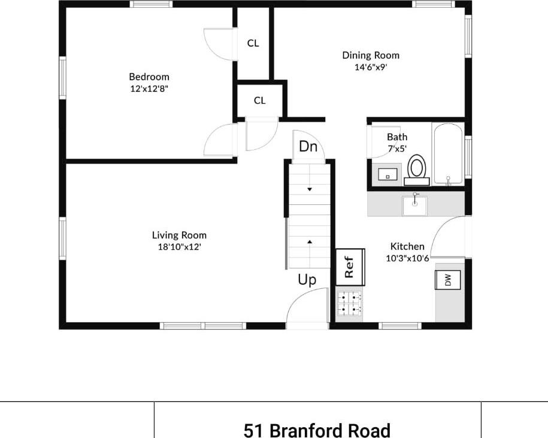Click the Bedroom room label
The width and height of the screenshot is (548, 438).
point(149,77)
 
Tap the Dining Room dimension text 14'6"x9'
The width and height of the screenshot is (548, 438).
point(371,67)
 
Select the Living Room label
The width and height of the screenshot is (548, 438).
point(179,235)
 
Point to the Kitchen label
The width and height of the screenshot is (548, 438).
point(407,246)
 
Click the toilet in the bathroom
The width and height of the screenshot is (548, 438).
point(417,167)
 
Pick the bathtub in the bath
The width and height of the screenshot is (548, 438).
point(447,153)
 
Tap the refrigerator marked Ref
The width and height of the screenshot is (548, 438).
point(350,267)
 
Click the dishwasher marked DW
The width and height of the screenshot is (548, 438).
point(447,280)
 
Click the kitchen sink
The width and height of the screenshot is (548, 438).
point(414,204)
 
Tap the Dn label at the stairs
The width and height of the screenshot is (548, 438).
point(308,147)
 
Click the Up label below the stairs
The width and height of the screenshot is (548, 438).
point(307,280)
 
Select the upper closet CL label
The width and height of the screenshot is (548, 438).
point(253,43)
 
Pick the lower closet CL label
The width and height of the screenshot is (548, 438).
point(259,101)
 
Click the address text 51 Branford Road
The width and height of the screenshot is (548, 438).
point(317,430)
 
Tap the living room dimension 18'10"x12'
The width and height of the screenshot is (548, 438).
point(179,246)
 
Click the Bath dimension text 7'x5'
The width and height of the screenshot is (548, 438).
point(397,147)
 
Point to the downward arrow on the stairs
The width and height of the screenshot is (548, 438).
point(310,189)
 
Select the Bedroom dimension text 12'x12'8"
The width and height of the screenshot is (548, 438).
point(149,88)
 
